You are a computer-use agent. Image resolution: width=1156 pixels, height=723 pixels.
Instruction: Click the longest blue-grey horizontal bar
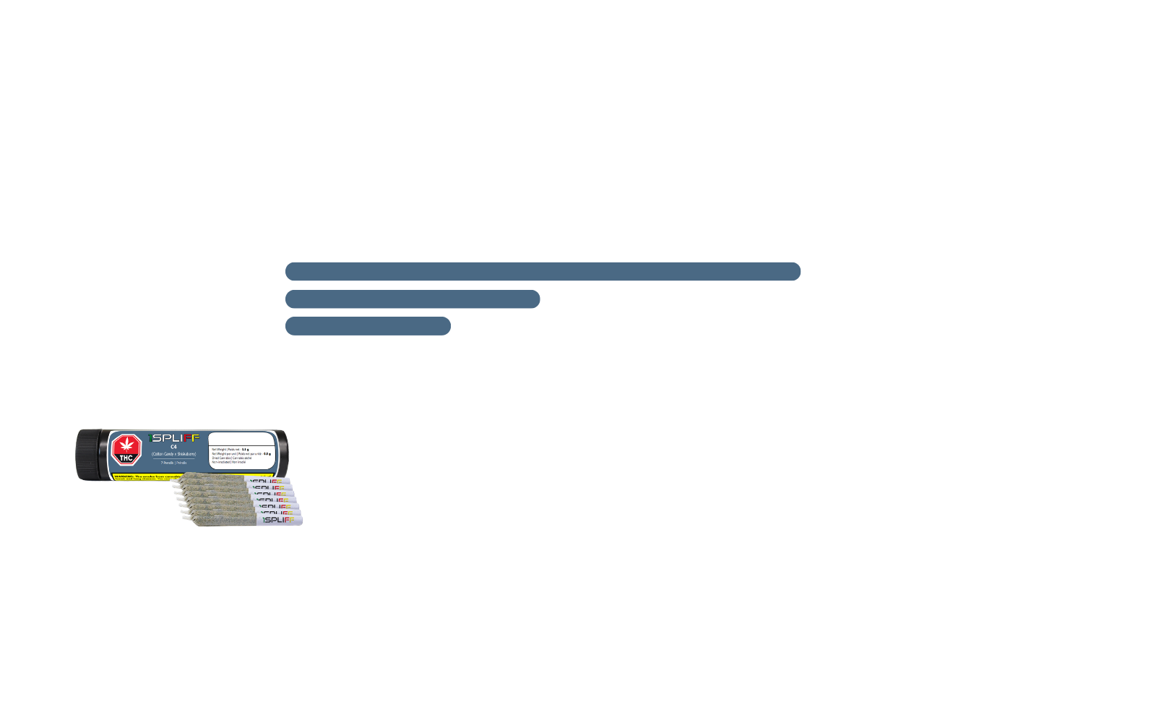tap(542, 271)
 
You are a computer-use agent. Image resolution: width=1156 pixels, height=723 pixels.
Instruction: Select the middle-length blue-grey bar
tap(412, 299)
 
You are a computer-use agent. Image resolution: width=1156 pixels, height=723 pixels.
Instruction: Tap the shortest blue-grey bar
tap(368, 325)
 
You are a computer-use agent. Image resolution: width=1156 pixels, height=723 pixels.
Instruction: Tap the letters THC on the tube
tap(126, 458)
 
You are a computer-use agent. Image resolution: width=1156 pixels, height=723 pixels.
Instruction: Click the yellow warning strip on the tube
tap(144, 476)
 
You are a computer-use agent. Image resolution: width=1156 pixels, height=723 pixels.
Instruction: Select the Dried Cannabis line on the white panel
tap(231, 458)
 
